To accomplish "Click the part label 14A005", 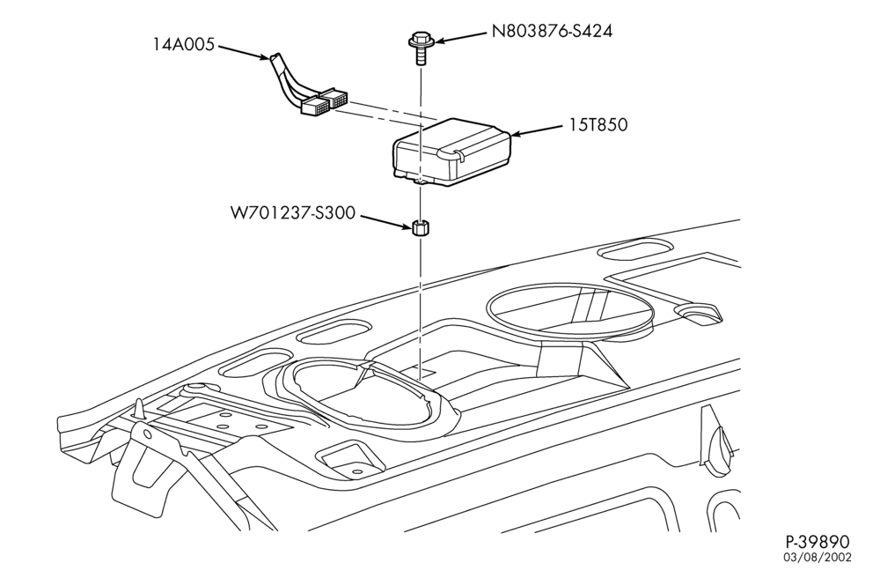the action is coord(184,44).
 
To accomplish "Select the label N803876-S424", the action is coord(553,31).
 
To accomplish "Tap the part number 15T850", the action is coord(598,125).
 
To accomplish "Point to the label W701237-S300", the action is coord(293,213).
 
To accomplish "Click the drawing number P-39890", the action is coord(818,542).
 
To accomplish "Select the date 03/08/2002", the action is coord(818,557).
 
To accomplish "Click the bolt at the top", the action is coord(419,48).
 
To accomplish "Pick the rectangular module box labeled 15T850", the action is coord(451,152).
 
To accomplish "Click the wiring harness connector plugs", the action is coord(325,101).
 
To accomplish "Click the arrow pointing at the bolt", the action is coord(461,36).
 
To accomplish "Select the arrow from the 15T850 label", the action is coord(538,130).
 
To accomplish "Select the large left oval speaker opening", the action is coord(359,397).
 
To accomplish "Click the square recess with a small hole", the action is coord(352,459).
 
